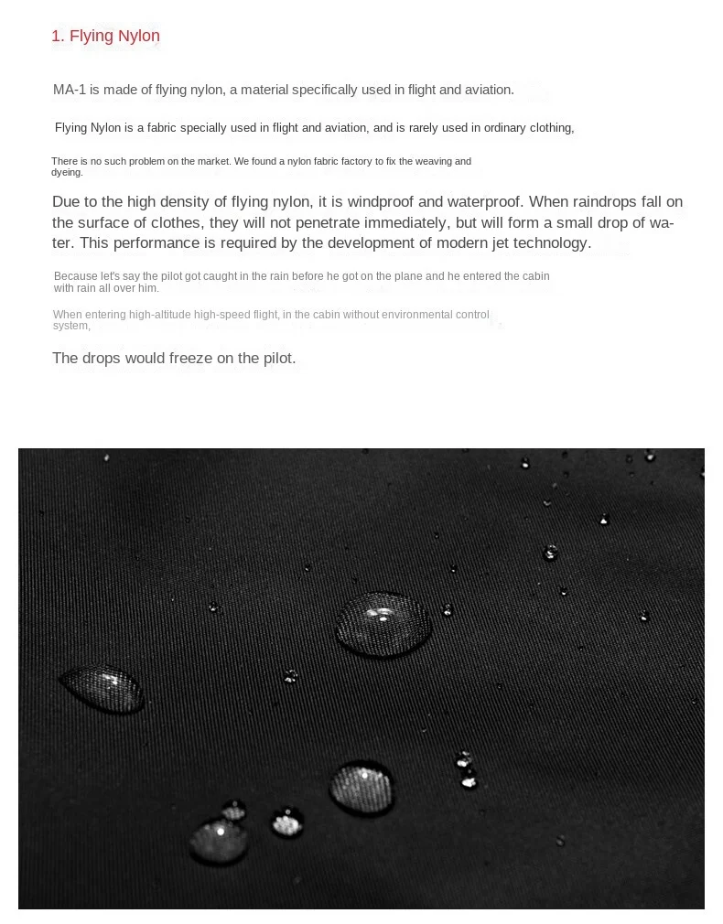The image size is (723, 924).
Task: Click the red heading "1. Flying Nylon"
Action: (105, 37)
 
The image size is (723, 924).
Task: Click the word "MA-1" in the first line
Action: (69, 90)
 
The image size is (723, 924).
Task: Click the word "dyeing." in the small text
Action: (67, 172)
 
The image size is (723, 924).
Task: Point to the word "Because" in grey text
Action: (74, 276)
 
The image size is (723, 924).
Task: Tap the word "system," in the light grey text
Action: (71, 326)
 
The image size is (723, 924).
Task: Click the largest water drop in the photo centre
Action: (383, 624)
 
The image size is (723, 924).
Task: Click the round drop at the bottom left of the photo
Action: (219, 841)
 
